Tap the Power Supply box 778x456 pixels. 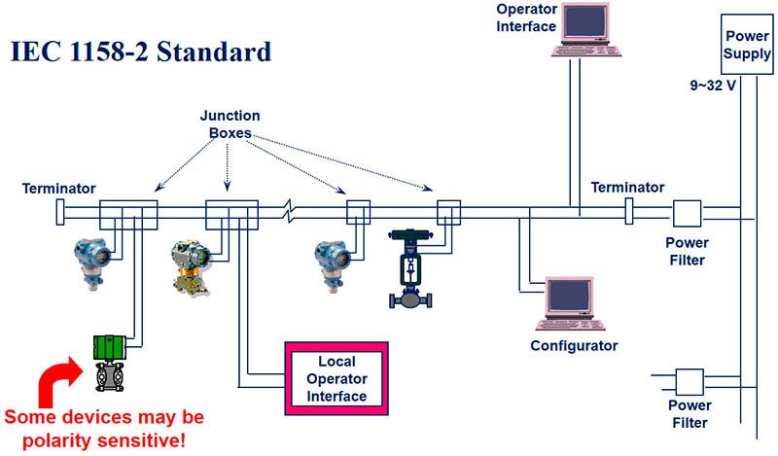coord(747,44)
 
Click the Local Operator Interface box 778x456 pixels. coord(336,378)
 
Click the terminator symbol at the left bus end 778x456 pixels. coord(60,210)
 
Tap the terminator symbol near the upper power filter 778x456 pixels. coord(629,210)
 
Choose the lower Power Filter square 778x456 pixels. coord(689,379)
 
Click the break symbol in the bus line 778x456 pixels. coord(288,210)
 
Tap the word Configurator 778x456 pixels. coord(574,346)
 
